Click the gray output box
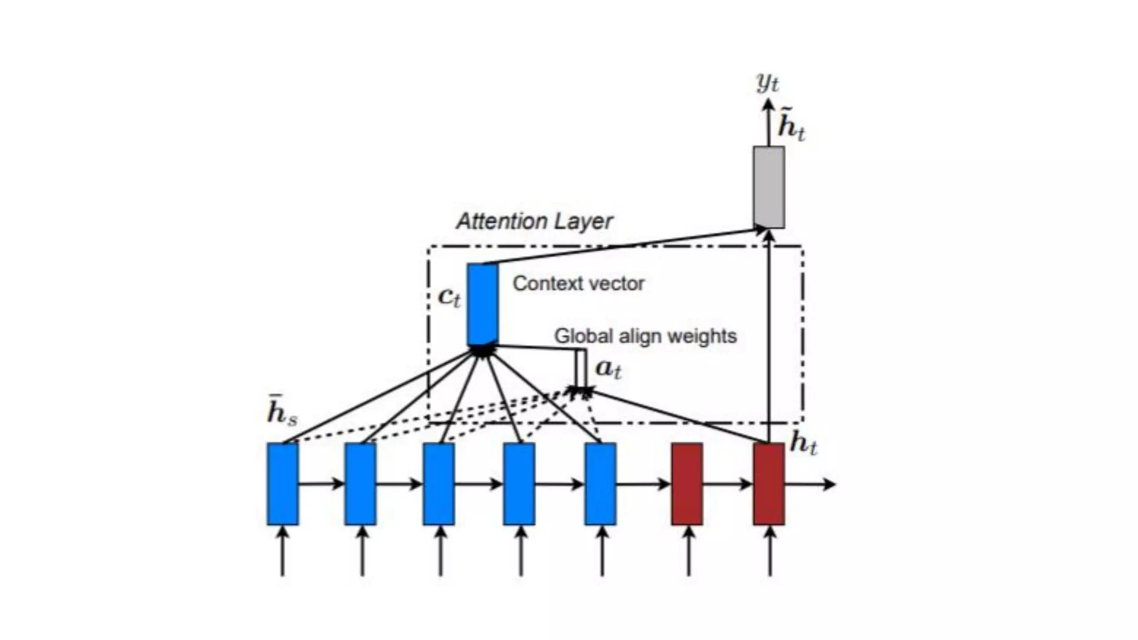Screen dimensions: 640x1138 click(x=769, y=187)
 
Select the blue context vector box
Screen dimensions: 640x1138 click(x=482, y=304)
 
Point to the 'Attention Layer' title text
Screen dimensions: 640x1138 click(x=535, y=221)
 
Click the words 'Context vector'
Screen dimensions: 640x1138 click(x=578, y=283)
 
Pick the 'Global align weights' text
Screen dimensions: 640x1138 click(x=645, y=336)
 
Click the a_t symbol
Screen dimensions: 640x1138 click(x=608, y=369)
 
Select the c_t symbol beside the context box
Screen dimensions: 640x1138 click(x=450, y=297)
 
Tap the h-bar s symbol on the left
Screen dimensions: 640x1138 click(x=282, y=412)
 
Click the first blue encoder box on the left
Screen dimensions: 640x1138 click(x=283, y=484)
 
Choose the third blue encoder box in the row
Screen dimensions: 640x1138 click(x=439, y=484)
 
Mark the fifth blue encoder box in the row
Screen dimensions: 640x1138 click(x=601, y=484)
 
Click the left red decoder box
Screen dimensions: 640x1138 click(x=687, y=484)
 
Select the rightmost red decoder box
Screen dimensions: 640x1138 click(x=769, y=484)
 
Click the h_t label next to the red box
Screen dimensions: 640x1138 click(x=803, y=443)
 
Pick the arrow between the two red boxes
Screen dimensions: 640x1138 click(x=728, y=484)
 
